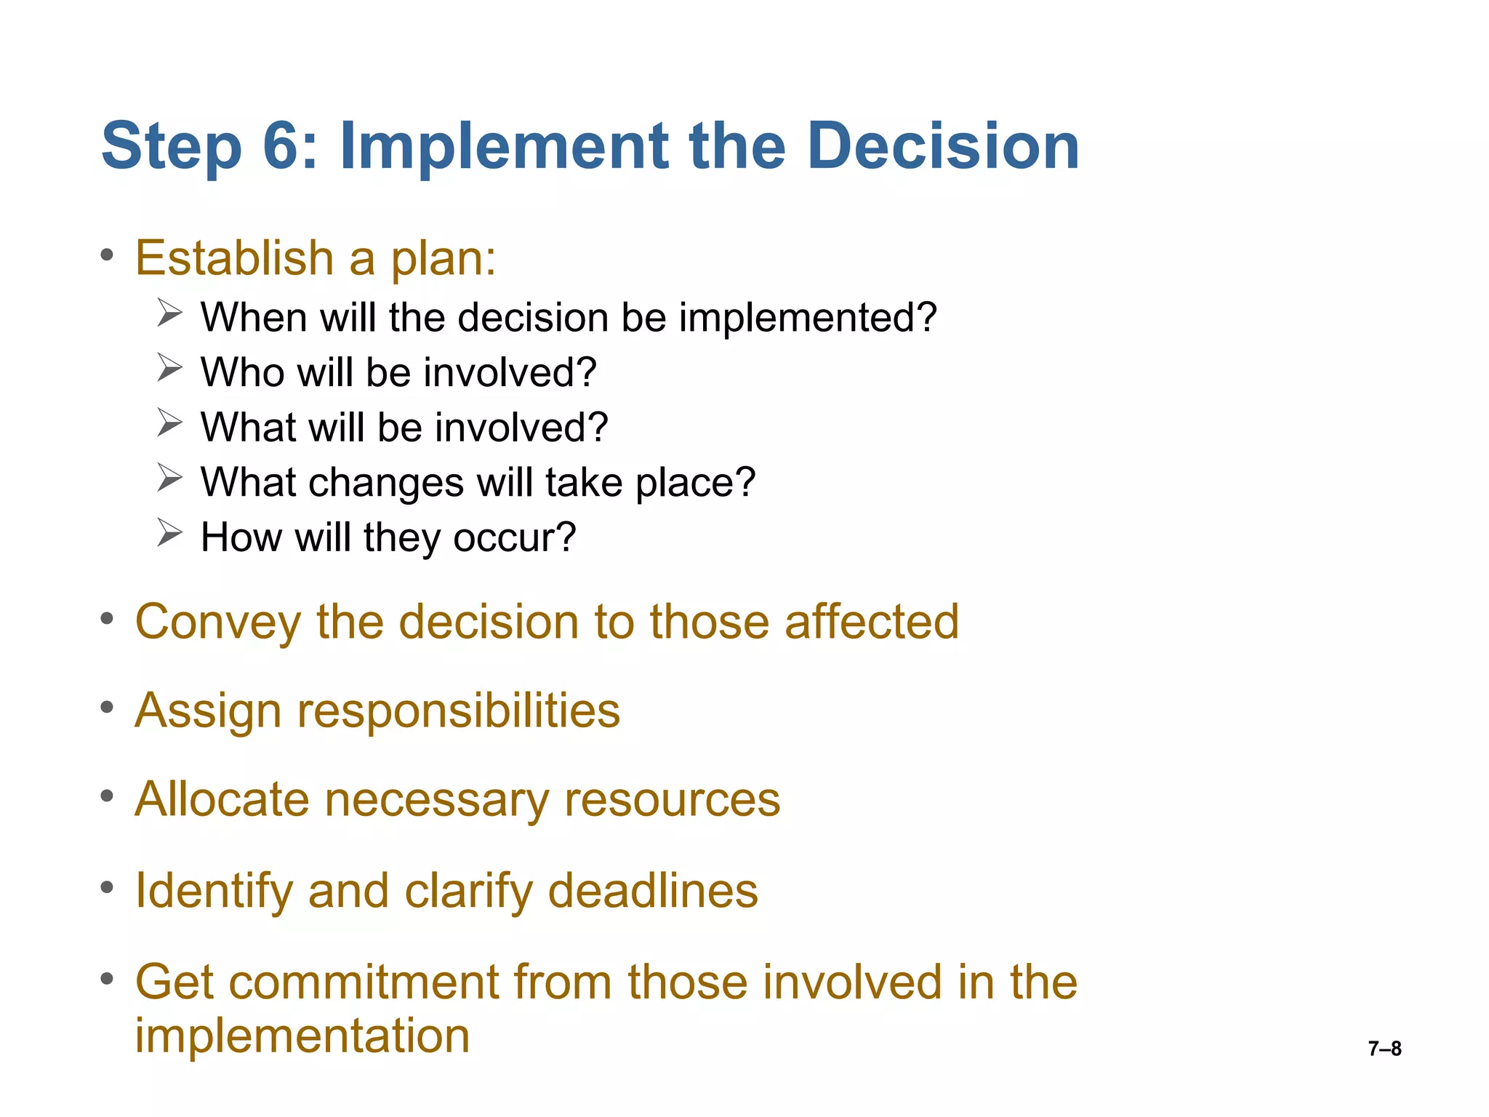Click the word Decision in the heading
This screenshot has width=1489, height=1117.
pyautogui.click(x=943, y=146)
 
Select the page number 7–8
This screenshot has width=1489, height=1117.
pyautogui.click(x=1384, y=1049)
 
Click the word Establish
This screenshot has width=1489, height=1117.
pyautogui.click(x=234, y=258)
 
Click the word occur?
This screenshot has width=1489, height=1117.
pyautogui.click(x=514, y=537)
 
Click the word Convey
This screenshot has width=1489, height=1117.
pyautogui.click(x=217, y=623)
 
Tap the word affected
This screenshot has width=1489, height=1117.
pyautogui.click(x=872, y=622)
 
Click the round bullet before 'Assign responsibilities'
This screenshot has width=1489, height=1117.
pyautogui.click(x=108, y=707)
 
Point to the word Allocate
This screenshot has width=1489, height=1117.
pyautogui.click(x=222, y=800)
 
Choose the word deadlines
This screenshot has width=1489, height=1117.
pyautogui.click(x=652, y=891)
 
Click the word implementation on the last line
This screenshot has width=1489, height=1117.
pyautogui.click(x=302, y=1036)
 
